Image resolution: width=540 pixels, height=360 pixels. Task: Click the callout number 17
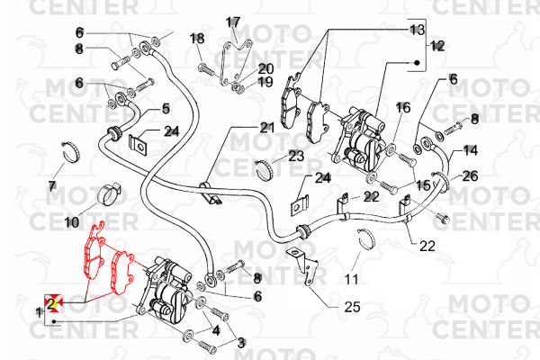pos(233,22)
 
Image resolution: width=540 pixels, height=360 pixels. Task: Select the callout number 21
pos(267,128)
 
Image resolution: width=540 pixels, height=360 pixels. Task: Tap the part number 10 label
pos(72,222)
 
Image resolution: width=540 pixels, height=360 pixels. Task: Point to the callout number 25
pos(352,307)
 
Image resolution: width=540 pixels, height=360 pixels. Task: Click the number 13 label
pos(417,30)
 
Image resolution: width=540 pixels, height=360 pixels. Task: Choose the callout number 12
pos(437,46)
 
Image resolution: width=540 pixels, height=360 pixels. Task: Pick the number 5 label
pos(166,109)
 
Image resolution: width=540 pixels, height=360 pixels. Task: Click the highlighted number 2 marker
pos(53,303)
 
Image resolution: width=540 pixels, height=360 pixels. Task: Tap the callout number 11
pos(352,279)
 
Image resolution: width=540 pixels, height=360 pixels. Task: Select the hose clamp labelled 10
pos(108,194)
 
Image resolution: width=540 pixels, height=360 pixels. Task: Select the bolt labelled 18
pos(207,69)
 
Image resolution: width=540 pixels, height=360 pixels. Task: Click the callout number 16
pos(403,107)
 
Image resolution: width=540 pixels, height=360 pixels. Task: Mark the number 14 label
pos(471,150)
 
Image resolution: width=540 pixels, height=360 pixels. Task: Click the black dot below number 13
pos(417,63)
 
